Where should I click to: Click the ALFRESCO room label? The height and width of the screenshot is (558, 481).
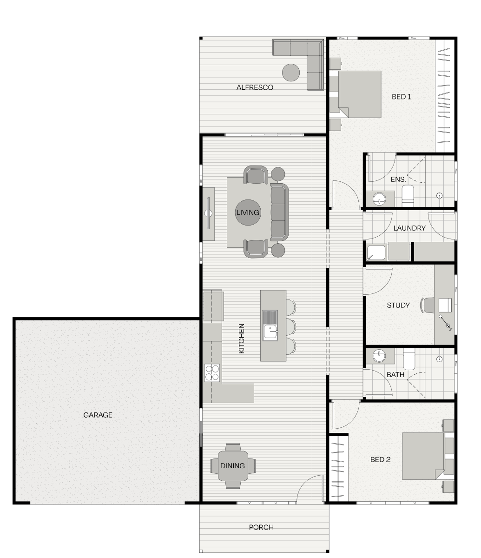(x=255, y=87)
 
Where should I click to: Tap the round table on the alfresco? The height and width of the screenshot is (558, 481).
(x=291, y=73)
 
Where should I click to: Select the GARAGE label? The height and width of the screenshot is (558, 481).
(x=98, y=415)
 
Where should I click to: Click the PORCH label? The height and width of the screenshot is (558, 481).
(x=261, y=527)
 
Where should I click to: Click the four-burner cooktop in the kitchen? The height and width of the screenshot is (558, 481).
(x=212, y=372)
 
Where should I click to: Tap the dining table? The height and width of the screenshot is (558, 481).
(x=233, y=465)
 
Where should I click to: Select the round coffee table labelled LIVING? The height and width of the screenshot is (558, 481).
(x=248, y=213)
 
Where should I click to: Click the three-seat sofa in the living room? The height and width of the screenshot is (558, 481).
(x=279, y=213)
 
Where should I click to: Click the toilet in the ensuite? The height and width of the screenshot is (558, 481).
(x=408, y=195)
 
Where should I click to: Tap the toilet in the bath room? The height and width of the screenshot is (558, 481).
(x=409, y=359)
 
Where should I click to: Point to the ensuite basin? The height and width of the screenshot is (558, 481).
(x=380, y=199)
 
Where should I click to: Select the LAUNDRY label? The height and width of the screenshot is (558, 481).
(x=409, y=228)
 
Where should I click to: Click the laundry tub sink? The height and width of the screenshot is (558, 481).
(x=376, y=252)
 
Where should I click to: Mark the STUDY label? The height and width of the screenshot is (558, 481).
(x=398, y=306)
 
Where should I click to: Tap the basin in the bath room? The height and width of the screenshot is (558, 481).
(x=380, y=356)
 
